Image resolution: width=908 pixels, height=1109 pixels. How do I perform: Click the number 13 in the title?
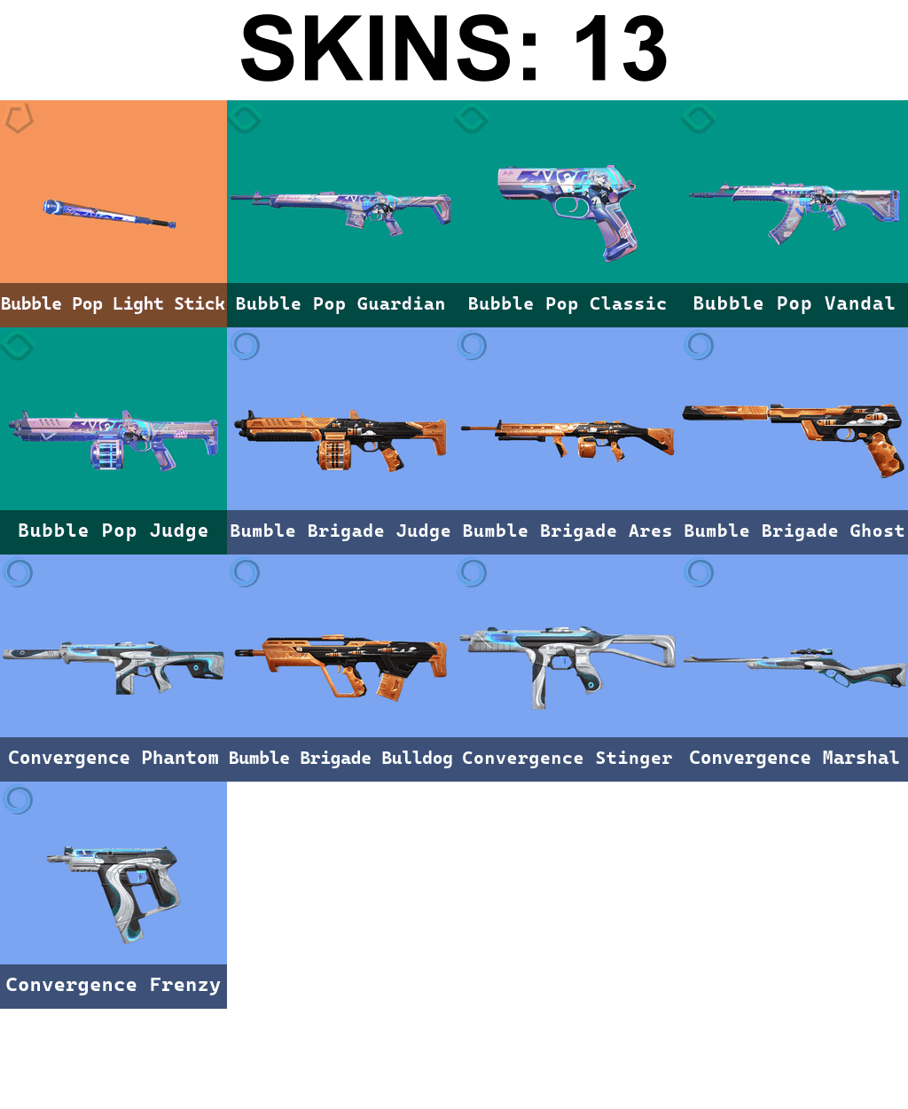[620, 49]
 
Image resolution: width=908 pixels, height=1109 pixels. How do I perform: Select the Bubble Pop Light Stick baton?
[109, 214]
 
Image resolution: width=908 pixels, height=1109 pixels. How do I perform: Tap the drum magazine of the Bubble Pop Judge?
[107, 453]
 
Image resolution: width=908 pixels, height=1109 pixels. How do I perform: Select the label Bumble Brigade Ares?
[567, 531]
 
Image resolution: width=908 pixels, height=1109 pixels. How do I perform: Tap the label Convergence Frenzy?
[113, 986]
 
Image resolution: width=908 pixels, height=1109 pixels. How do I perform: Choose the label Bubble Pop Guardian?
[340, 304]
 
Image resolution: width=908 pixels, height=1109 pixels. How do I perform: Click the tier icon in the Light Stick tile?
[19, 118]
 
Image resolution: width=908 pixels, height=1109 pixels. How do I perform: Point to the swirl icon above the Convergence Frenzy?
[19, 799]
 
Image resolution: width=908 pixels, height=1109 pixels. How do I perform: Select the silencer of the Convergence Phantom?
[33, 654]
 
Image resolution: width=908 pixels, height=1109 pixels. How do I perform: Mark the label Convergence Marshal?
[794, 759]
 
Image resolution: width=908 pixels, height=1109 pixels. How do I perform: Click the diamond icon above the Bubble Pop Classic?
[472, 119]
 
